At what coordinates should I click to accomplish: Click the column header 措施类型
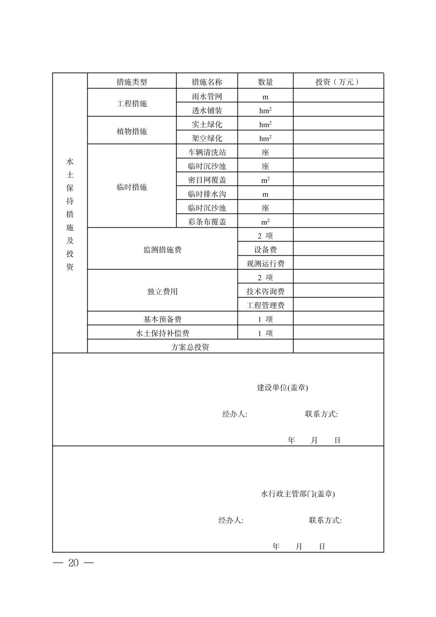pos(132,82)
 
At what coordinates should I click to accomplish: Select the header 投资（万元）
pos(338,82)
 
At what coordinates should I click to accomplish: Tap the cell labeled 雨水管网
pos(207,96)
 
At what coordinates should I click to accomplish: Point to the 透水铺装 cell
pos(207,110)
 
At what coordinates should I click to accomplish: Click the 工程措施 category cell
pos(132,103)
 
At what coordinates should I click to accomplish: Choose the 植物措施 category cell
pos(132,131)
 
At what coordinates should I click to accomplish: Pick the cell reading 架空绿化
pos(207,138)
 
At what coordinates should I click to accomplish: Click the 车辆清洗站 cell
pos(207,152)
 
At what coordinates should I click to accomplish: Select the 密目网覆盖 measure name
pos(207,180)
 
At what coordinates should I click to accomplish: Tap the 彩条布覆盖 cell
pos(207,222)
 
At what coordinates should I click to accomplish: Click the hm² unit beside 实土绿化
pos(265,124)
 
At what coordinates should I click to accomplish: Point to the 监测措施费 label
pos(162,249)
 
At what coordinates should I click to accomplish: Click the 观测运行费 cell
pos(265,263)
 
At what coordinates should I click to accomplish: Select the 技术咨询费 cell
pos(265,291)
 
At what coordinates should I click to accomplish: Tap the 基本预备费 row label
pos(162,319)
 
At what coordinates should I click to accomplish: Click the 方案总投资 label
pos(190,347)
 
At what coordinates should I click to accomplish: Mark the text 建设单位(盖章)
pos(283,387)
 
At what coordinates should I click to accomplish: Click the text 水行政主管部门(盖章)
pos(298,494)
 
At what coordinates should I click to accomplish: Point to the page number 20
pos(73,563)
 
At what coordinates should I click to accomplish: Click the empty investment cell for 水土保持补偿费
pos(338,333)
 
